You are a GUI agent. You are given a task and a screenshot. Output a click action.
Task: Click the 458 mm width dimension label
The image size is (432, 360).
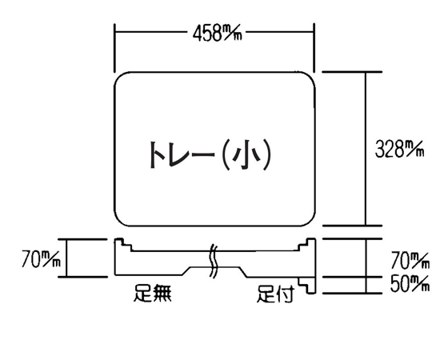coord(217,33)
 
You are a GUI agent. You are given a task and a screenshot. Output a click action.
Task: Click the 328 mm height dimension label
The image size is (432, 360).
coord(399,149)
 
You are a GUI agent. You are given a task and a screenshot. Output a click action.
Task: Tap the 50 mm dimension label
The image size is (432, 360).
coord(410,284)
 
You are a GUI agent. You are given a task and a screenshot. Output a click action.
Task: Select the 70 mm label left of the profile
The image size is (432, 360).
coord(42,258)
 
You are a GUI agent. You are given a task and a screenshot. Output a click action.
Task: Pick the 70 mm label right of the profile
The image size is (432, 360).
coord(410,260)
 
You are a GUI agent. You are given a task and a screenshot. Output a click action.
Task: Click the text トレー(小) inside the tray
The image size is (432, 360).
coord(210,154)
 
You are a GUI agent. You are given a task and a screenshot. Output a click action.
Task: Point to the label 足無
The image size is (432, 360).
coord(153,293)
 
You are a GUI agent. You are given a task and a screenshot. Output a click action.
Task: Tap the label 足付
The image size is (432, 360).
coord(275,294)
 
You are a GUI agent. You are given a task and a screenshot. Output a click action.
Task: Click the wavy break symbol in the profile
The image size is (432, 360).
coord(214,260)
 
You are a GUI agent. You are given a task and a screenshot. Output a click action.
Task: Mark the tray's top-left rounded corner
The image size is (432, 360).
coord(119,77)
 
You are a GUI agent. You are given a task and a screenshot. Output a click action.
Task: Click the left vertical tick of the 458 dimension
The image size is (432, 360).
coord(114,48)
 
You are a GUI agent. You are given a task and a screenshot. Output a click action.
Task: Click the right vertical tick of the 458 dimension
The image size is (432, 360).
coord(314,48)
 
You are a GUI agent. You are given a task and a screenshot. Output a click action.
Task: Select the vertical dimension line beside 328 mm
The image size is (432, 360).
coord(366,149)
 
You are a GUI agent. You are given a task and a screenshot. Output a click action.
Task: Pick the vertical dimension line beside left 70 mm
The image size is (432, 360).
coord(66,258)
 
